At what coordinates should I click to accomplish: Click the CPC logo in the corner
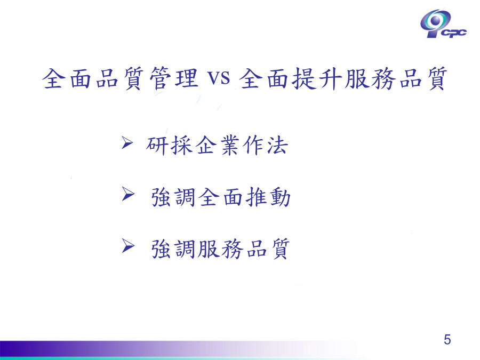coord(443,24)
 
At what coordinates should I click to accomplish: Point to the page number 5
coord(447,340)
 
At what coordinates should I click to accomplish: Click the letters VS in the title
coord(219,78)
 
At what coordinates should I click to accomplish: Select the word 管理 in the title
coord(173,78)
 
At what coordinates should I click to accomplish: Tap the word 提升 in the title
coord(318,78)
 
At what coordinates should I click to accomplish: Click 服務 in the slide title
coord(370,78)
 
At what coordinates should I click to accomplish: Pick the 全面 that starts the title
coord(67,78)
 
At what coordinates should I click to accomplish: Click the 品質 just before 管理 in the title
coord(119,78)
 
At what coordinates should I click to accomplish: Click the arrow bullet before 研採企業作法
coord(127,142)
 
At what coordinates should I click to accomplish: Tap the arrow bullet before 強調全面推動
coord(128,194)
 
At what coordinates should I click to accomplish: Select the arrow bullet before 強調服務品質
coord(128,246)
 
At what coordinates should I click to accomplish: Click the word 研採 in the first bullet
coord(169,145)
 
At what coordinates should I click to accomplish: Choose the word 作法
coord(265,145)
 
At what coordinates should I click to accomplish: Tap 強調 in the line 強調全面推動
coord(173,197)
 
